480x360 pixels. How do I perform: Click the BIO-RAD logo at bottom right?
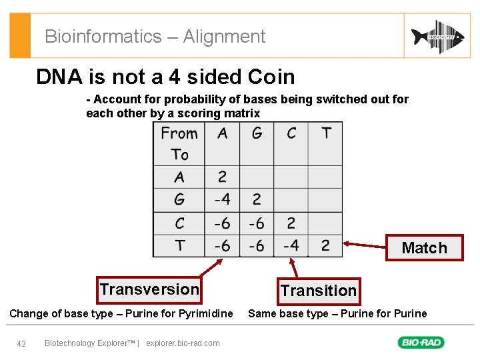click(421, 343)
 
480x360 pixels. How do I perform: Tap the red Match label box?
click(425, 248)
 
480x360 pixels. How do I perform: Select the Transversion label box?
click(149, 289)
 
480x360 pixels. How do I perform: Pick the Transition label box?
click(318, 291)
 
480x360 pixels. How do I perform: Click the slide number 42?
click(21, 343)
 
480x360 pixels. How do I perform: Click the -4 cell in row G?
click(222, 199)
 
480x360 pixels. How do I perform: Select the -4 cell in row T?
click(291, 245)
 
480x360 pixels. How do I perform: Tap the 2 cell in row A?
click(222, 177)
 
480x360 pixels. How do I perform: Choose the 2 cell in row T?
click(325, 245)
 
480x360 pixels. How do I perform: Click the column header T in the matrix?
click(326, 133)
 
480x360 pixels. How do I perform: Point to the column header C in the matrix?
click(291, 133)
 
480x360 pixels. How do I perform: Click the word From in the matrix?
click(179, 133)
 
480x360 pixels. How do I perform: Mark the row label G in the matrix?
click(179, 199)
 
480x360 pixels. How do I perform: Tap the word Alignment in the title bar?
click(224, 37)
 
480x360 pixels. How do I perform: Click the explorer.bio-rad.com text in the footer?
click(183, 343)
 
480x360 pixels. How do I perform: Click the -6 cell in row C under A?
click(222, 223)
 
